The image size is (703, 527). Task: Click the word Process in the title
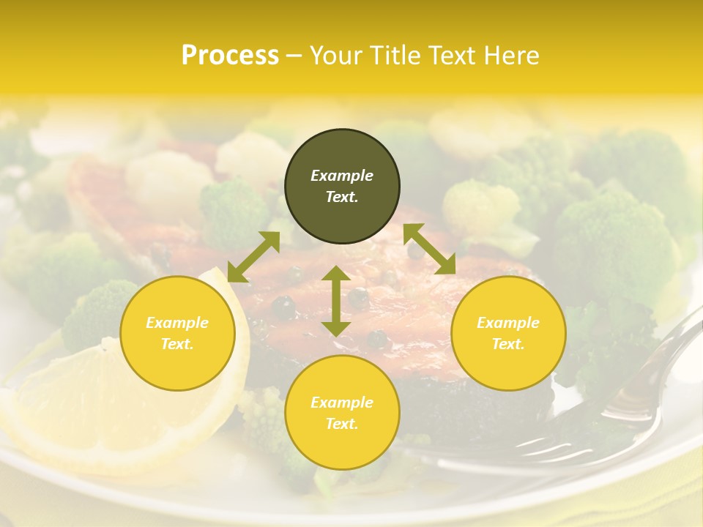[x=230, y=56]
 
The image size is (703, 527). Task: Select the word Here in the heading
[x=510, y=56]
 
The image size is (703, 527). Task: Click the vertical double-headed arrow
[x=336, y=301]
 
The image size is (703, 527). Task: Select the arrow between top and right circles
[x=429, y=249]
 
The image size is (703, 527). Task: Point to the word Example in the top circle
[x=342, y=176]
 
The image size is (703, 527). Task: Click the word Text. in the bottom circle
[x=342, y=424]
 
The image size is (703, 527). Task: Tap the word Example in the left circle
[x=177, y=323]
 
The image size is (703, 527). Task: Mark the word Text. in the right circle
[x=508, y=344]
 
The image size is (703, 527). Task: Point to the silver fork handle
[x=659, y=366]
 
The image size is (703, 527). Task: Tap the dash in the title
[x=294, y=56]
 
